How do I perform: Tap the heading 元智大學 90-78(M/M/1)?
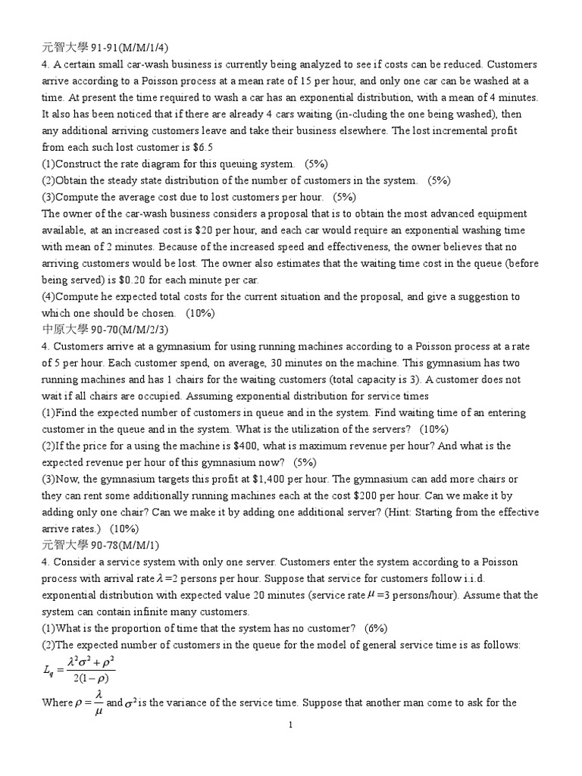tap(97, 545)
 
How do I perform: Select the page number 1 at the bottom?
tap(290, 725)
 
